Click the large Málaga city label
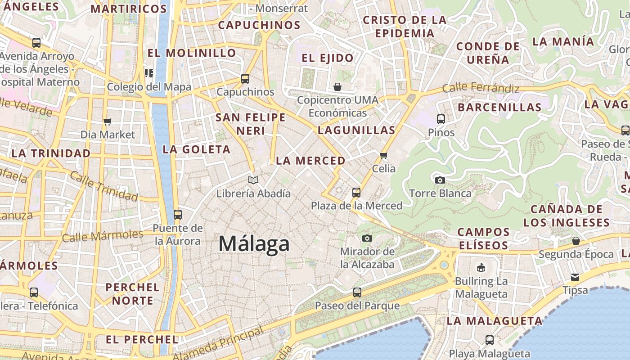click(x=254, y=244)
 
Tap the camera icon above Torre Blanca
click(x=440, y=180)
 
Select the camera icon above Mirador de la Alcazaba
click(x=367, y=238)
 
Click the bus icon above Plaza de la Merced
click(x=356, y=193)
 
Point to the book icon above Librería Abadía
click(x=253, y=180)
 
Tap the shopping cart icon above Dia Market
click(x=107, y=121)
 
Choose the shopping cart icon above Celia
click(x=383, y=155)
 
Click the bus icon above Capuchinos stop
click(x=245, y=79)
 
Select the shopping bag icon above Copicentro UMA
click(x=337, y=86)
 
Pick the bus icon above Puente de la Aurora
click(x=178, y=214)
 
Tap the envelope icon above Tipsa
click(x=575, y=277)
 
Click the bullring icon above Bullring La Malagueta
click(x=481, y=268)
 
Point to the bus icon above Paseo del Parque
click(x=357, y=292)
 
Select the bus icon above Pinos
click(x=441, y=119)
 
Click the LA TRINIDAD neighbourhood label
click(x=51, y=153)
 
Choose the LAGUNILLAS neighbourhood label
click(x=356, y=130)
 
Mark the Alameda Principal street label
click(x=219, y=344)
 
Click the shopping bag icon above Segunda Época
click(x=576, y=241)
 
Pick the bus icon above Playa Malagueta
click(x=490, y=340)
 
